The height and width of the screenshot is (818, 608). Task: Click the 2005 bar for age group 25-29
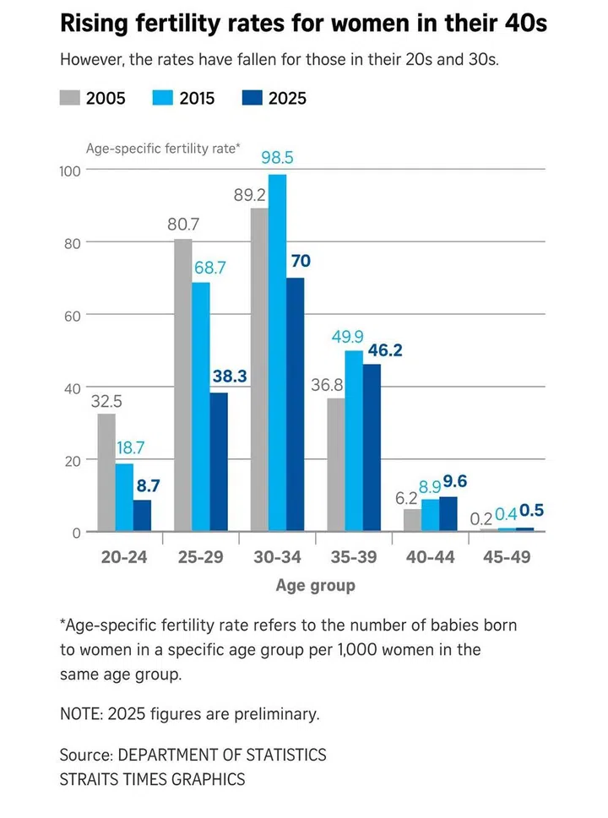[x=183, y=385]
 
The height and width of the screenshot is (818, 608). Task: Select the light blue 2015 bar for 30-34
[x=277, y=353]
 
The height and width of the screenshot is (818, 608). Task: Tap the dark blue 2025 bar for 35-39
[x=372, y=447]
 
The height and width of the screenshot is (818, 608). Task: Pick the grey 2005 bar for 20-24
[x=106, y=472]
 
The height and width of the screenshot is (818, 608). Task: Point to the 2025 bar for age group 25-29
[x=219, y=462]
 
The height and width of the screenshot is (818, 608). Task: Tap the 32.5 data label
[x=106, y=402]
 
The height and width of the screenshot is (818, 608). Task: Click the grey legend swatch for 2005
[x=69, y=97]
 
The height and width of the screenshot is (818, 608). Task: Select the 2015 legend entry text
[x=198, y=98]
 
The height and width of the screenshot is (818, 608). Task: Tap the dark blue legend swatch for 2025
[x=252, y=97]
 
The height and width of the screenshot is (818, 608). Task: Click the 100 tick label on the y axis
[x=69, y=171]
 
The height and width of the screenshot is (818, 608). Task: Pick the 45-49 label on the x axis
[x=507, y=557]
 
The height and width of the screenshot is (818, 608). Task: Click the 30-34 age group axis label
[x=278, y=557]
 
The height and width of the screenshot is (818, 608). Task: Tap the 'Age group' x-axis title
[x=315, y=585]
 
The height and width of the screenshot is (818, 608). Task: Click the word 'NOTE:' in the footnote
[x=84, y=714]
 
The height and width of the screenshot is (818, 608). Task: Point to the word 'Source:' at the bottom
[x=86, y=754]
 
